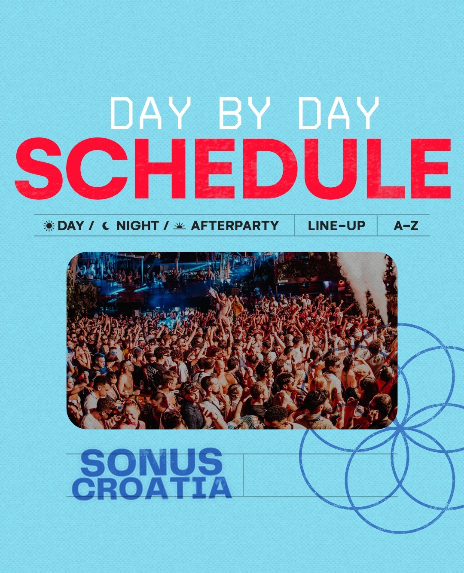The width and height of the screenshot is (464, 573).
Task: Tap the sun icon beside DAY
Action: (x=49, y=226)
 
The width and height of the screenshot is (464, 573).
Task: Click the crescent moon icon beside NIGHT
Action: (x=106, y=226)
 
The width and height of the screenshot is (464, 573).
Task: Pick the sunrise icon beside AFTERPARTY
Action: (x=180, y=226)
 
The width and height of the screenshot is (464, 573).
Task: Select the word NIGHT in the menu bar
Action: (x=137, y=226)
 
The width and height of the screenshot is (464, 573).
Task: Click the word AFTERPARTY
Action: (x=235, y=226)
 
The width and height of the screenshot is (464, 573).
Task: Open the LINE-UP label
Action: (x=336, y=226)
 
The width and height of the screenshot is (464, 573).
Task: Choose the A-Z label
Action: (x=406, y=226)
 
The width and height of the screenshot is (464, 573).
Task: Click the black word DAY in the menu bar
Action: (x=71, y=226)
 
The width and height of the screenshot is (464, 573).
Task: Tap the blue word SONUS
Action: (x=151, y=462)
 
